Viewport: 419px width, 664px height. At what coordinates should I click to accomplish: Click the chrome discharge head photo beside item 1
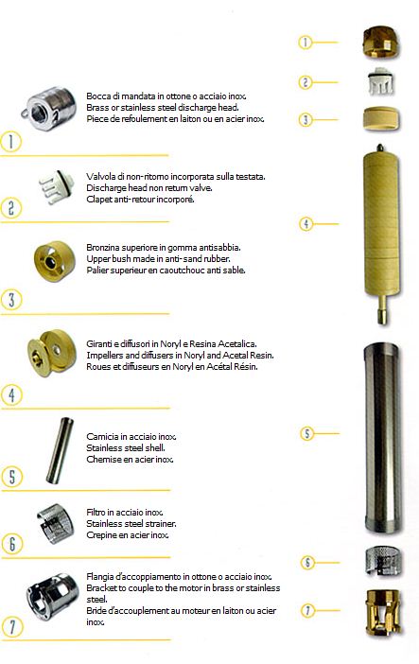tap(50, 109)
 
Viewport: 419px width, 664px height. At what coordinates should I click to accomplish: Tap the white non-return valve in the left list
tap(57, 187)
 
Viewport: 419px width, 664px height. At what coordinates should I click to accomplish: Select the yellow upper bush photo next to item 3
tap(54, 261)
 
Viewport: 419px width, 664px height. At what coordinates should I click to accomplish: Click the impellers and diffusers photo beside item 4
tap(51, 352)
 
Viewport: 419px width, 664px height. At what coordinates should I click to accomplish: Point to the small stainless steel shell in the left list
tap(60, 450)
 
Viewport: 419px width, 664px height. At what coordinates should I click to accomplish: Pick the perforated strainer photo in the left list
tap(55, 524)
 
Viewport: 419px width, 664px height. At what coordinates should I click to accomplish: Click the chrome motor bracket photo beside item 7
tap(53, 597)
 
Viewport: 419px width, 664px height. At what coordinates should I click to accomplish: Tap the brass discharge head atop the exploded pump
tap(381, 42)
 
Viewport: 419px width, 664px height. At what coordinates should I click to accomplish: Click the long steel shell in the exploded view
tap(382, 437)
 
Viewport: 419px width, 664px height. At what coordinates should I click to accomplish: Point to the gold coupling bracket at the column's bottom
tap(383, 611)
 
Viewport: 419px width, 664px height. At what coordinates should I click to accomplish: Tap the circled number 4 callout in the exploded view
tap(306, 223)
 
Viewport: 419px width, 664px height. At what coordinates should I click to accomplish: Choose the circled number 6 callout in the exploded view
tap(307, 563)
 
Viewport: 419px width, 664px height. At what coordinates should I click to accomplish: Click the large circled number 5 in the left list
tap(11, 476)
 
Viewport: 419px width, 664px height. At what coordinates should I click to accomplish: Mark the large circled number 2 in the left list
tap(10, 207)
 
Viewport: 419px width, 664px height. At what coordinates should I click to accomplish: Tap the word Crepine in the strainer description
tap(100, 535)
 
